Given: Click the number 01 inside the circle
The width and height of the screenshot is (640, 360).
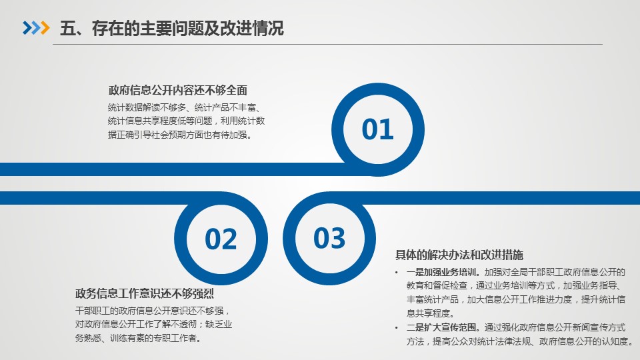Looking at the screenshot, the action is pos(377,129).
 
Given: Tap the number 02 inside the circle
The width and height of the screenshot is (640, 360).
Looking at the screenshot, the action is pos(221,239).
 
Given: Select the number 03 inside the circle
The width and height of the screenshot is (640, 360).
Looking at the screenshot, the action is pos(329,238).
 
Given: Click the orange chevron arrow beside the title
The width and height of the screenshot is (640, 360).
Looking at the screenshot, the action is pos(45,28).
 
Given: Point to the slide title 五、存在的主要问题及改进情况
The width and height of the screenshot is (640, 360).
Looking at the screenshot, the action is pos(172,28).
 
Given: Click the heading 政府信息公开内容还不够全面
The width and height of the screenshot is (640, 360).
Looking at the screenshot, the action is pos(178,90).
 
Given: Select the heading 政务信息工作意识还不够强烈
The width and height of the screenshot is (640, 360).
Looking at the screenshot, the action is pos(145,293).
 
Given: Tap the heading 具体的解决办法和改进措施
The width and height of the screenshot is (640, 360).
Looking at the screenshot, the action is pos(459,255).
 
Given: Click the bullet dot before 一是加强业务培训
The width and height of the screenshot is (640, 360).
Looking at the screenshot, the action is pos(396,273).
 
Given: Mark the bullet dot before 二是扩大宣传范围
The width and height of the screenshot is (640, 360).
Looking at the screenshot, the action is pos(396,328).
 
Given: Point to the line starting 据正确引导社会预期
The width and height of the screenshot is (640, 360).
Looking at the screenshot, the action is pos(179,135).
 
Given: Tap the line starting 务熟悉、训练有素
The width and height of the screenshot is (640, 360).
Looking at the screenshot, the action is pos(138,338).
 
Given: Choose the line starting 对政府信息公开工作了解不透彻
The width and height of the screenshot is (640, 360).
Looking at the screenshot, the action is pos(153,325).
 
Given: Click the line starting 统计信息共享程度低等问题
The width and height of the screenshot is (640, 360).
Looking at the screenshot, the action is pos(187,121).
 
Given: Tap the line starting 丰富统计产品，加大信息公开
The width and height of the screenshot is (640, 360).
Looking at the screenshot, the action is pos(516,299).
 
